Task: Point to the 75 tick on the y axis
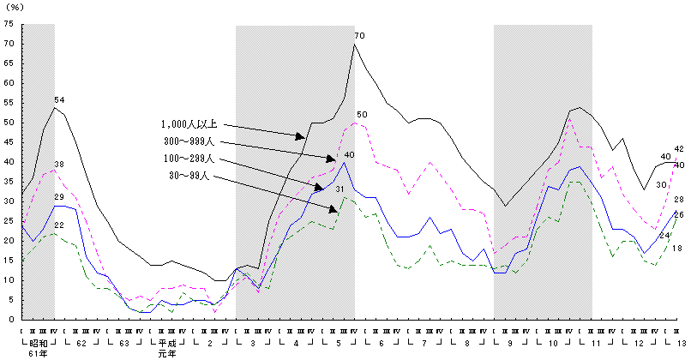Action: [x=9, y=24]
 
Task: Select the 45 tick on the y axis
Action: [x=9, y=142]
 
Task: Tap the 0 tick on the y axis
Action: [x=10, y=320]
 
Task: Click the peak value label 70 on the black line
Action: [x=359, y=35]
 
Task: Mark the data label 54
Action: [x=59, y=100]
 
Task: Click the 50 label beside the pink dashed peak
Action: [x=362, y=115]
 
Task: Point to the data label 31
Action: [x=339, y=189]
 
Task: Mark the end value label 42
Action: [x=678, y=149]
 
